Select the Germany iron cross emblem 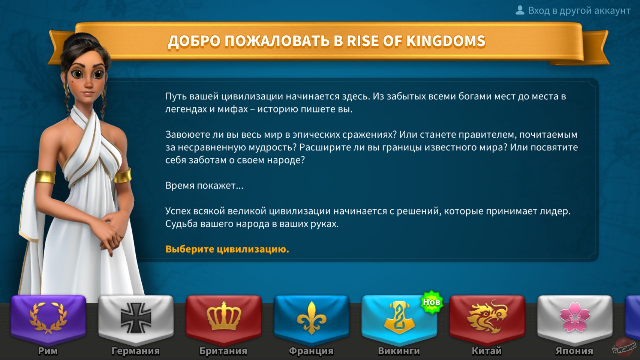click(x=136, y=318)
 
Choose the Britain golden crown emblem click(x=224, y=317)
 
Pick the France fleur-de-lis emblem click(x=311, y=318)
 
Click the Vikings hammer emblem click(x=398, y=317)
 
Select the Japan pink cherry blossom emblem click(x=575, y=317)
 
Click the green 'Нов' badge click(x=432, y=302)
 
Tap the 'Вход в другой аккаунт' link click(x=579, y=11)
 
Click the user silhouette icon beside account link click(x=520, y=10)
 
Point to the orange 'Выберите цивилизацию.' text click(x=227, y=249)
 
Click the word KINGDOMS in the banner click(x=446, y=41)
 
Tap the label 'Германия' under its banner click(x=136, y=351)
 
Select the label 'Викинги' click(x=399, y=351)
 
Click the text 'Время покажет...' click(x=204, y=185)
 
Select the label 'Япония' click(x=574, y=351)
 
